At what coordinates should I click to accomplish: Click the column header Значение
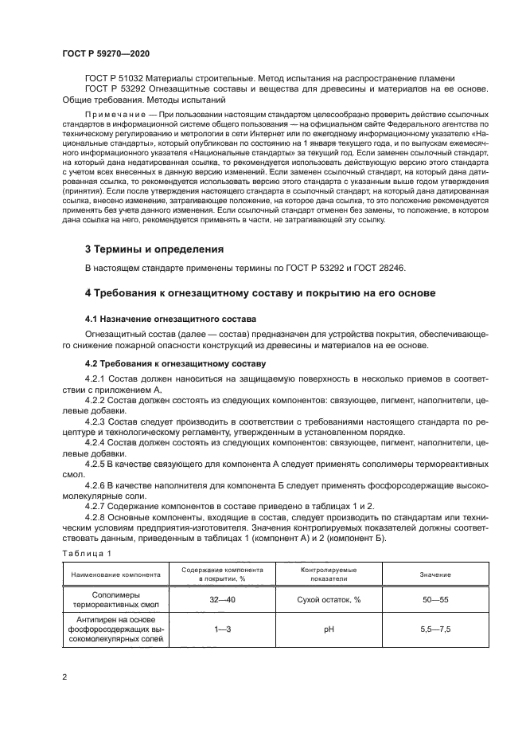tap(435, 574)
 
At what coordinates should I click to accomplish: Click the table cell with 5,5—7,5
tap(435, 629)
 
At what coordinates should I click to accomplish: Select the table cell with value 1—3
tap(223, 629)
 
